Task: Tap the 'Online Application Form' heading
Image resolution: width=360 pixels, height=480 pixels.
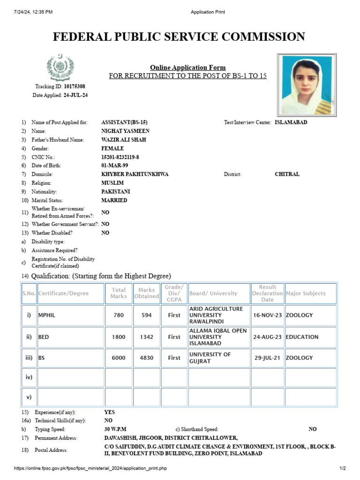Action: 187,67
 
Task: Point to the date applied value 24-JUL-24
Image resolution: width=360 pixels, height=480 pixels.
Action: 75,95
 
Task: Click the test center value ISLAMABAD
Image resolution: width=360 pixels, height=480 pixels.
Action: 291,122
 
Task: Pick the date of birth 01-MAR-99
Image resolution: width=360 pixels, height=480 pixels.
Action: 114,165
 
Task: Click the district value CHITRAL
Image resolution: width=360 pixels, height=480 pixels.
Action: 287,174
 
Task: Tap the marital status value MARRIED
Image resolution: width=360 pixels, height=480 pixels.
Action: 114,200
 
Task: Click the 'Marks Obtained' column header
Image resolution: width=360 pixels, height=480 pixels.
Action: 147,293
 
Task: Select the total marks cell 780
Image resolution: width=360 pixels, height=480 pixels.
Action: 119,315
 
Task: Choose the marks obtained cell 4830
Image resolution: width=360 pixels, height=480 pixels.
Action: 146,358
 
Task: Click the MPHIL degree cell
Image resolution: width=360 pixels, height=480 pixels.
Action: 47,315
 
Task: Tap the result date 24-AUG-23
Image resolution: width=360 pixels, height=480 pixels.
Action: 268,337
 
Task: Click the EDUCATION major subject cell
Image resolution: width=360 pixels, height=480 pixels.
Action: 302,337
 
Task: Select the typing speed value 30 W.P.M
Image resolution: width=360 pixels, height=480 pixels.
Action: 115,429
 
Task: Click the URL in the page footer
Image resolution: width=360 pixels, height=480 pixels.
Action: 90,468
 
